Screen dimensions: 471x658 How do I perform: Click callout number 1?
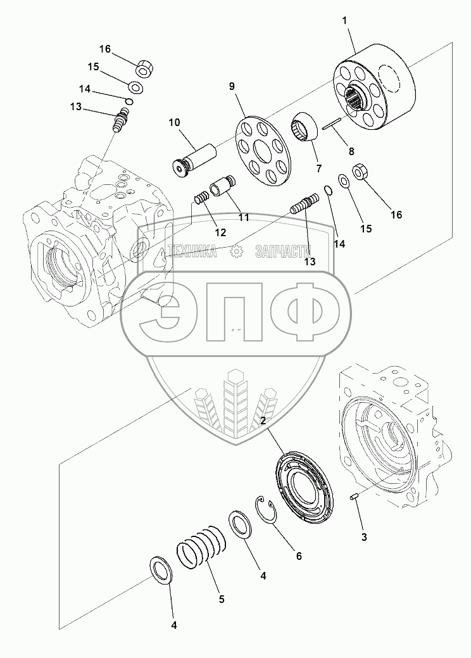coord(344,22)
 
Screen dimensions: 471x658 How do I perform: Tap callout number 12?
coord(220,232)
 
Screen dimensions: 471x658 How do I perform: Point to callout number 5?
coord(221,597)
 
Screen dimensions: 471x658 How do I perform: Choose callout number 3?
coord(363,538)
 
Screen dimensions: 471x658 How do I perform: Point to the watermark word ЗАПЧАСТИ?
coord(283,252)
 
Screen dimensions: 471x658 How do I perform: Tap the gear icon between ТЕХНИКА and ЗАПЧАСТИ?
coord(237,251)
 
